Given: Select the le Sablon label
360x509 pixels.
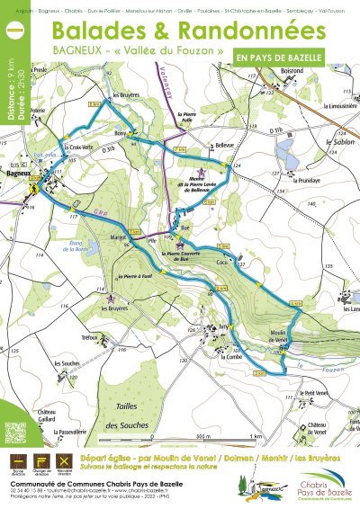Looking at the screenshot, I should (323, 142).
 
